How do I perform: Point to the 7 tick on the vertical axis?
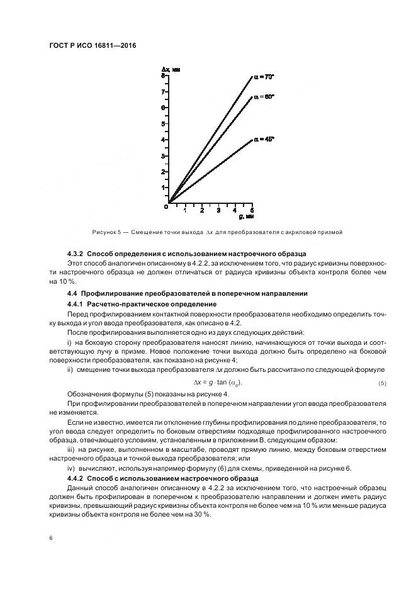pos(162,92)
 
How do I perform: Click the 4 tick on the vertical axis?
pos(162,140)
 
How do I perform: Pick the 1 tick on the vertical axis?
pos(162,188)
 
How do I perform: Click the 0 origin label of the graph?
pos(166,206)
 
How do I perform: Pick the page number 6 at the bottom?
pos(50,537)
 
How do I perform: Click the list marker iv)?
pos(71,469)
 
